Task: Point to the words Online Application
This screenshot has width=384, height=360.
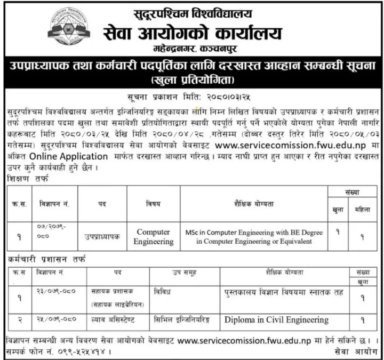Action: [x=69, y=156]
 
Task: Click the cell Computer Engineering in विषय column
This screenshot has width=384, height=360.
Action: [x=154, y=237]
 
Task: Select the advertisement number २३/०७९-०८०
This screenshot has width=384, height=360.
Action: [x=54, y=292]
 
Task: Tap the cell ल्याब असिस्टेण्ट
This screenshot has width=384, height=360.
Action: [x=114, y=320]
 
